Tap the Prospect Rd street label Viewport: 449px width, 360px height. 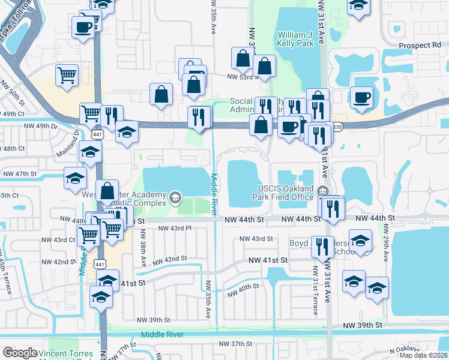click(420, 46)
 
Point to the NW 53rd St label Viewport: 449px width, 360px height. click(241, 77)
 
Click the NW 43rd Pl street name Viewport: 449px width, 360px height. click(175, 228)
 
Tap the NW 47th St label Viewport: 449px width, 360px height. click(20, 173)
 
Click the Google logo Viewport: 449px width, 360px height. click(20, 353)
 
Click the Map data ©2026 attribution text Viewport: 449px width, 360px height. click(424, 356)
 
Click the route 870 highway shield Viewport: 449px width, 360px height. click(337, 127)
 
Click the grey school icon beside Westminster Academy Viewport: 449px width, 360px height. click(175, 197)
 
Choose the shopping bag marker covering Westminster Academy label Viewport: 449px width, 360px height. click(107, 192)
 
